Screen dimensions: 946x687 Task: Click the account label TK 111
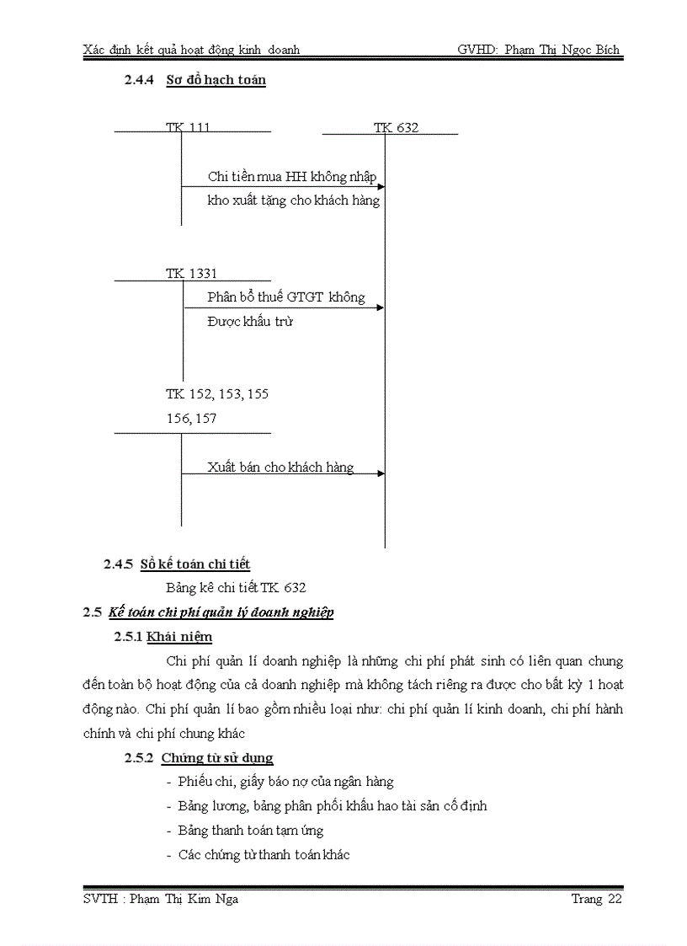pyautogui.click(x=188, y=127)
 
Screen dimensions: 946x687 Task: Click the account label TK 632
pyautogui.click(x=396, y=128)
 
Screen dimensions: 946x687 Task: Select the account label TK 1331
pyautogui.click(x=191, y=274)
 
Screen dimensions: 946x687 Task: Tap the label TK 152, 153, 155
pyautogui.click(x=217, y=394)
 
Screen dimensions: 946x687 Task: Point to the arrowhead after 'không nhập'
pyautogui.click(x=381, y=186)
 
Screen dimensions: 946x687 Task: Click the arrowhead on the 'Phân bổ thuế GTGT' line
pyautogui.click(x=381, y=307)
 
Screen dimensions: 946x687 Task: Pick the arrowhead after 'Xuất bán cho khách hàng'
pyautogui.click(x=381, y=473)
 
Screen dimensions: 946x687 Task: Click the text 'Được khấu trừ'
pyautogui.click(x=250, y=322)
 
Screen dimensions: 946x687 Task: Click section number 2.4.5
pyautogui.click(x=118, y=564)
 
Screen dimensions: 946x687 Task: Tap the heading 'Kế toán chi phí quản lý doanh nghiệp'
pyautogui.click(x=221, y=612)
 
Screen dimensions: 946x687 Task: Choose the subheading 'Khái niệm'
pyautogui.click(x=179, y=637)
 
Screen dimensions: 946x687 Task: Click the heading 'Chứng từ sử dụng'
pyautogui.click(x=217, y=758)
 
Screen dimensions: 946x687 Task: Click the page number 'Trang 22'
pyautogui.click(x=596, y=900)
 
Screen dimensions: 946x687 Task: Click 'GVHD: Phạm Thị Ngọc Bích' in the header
pyautogui.click(x=538, y=50)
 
